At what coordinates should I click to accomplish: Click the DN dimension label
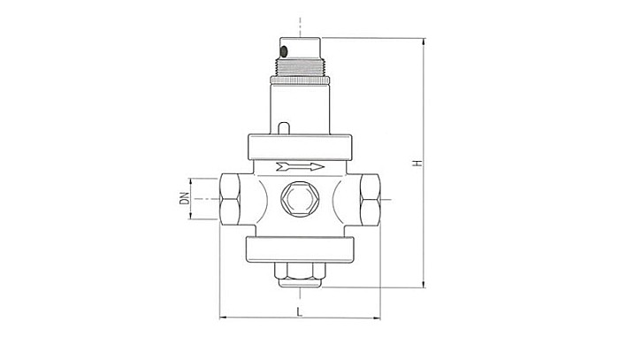[x=185, y=199]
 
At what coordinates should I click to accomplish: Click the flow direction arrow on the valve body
[x=300, y=165]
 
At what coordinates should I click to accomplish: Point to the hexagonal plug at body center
[x=300, y=200]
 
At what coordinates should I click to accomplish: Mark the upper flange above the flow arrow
[x=300, y=145]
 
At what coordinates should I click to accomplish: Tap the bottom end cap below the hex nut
[x=300, y=284]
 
